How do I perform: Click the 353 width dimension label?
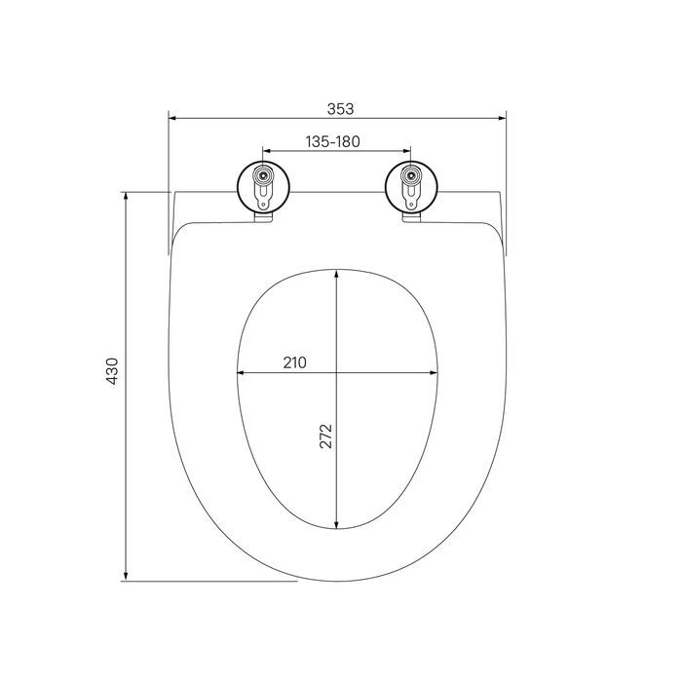click(340, 109)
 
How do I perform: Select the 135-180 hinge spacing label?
click(333, 141)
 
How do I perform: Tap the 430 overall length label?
click(112, 371)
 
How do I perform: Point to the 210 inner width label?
click(294, 362)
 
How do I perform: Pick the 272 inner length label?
click(325, 436)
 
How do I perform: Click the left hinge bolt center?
click(263, 175)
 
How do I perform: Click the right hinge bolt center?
click(410, 175)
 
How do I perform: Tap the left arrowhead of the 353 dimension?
click(172, 118)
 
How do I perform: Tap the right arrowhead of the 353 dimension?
click(502, 118)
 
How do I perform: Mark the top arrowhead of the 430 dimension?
click(126, 196)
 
